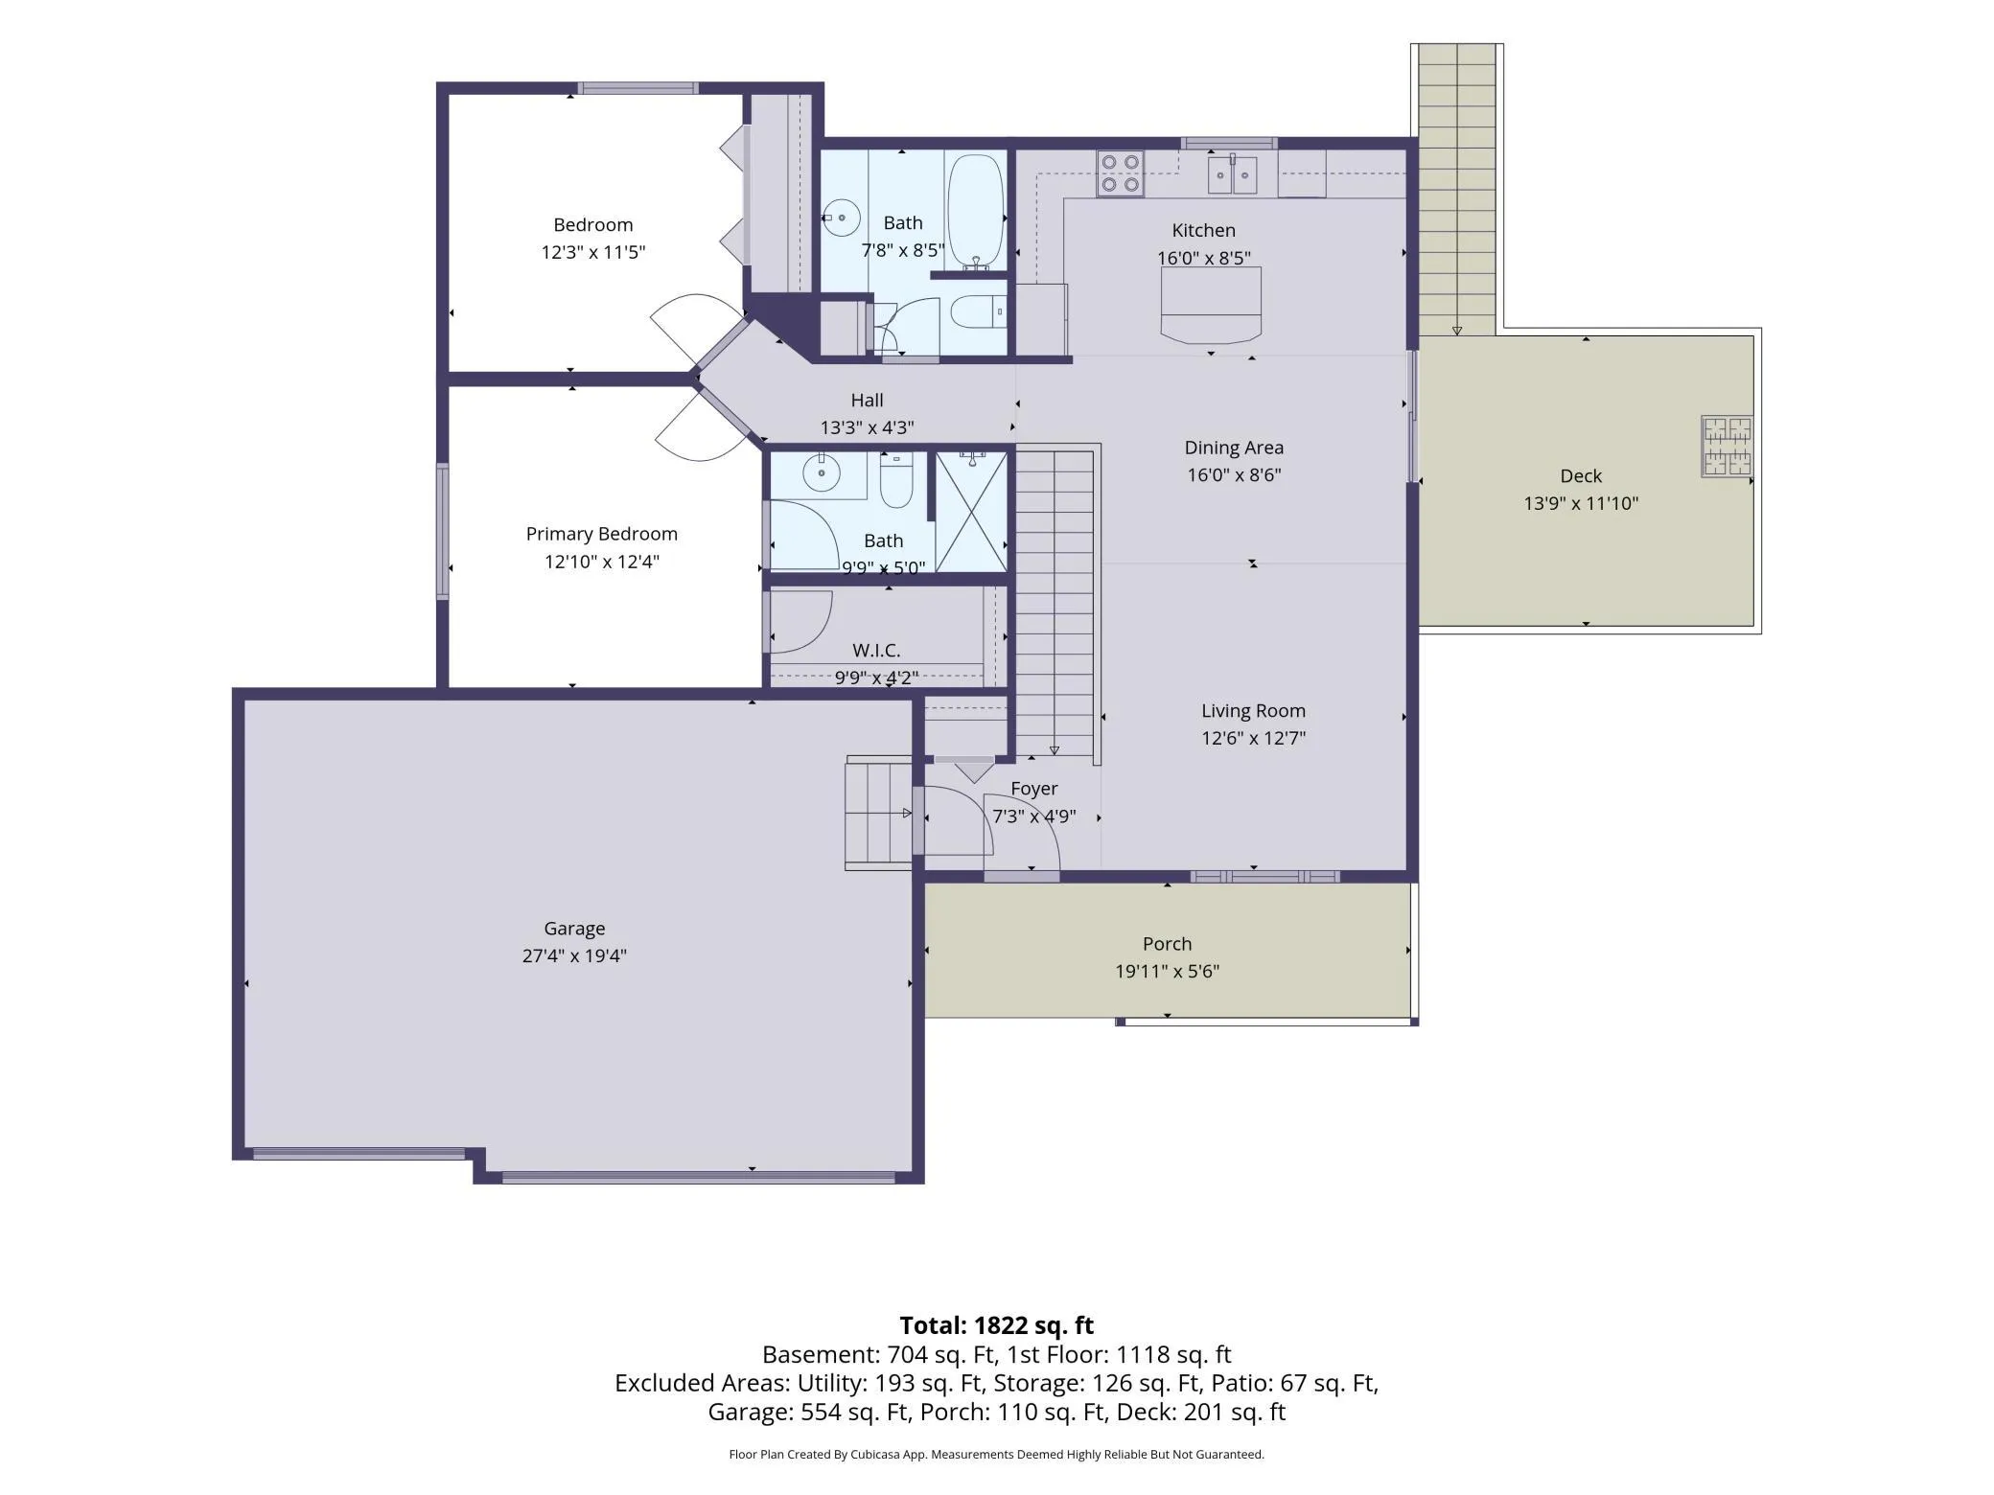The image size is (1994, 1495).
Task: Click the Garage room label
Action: coord(574,928)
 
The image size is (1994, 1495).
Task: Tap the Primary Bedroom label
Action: coord(601,534)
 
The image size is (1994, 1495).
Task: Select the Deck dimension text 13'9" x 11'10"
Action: coord(1581,503)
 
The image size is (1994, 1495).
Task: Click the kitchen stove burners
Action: coord(1120,173)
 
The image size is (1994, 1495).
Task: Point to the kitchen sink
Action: coord(1232,175)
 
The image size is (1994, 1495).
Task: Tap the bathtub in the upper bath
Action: coord(976,212)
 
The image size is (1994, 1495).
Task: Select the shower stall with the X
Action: coord(971,512)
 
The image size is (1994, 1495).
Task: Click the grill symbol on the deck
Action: coord(1727,446)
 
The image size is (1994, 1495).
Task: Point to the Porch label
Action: coord(1167,944)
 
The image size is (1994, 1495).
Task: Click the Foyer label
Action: coord(1033,789)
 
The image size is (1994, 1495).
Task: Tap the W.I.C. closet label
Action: coord(876,651)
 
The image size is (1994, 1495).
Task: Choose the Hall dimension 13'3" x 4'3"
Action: coord(867,427)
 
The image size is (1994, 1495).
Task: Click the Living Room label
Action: coord(1253,711)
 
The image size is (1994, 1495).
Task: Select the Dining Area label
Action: coord(1234,448)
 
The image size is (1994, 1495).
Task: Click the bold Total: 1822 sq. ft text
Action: coord(996,1325)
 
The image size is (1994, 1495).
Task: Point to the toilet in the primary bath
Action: coord(896,481)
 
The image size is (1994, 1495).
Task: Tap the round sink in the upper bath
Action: coord(842,218)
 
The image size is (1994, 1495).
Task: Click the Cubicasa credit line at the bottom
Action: coord(996,1454)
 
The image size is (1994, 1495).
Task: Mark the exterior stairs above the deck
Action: coord(1457,190)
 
